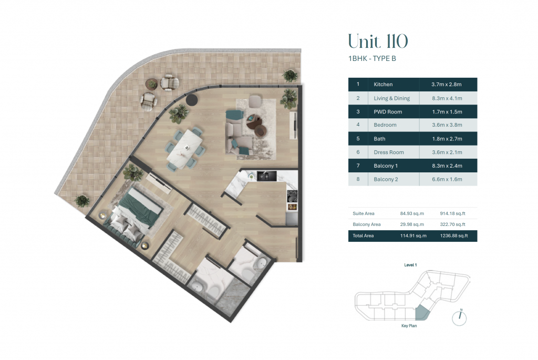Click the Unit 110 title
[x=378, y=42]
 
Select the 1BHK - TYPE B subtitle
[x=372, y=59]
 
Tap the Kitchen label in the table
[x=383, y=85]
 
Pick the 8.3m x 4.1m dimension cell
[x=447, y=98]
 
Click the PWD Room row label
[x=388, y=111]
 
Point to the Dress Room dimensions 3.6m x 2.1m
[x=447, y=152]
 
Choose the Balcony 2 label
[x=386, y=179]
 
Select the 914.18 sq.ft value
[x=452, y=213]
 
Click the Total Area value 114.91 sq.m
[x=413, y=236]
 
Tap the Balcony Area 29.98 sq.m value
[x=412, y=224]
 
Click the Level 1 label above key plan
[x=410, y=265]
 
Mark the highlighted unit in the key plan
[x=422, y=313]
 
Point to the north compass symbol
[x=459, y=317]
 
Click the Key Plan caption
[x=409, y=326]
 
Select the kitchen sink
[x=266, y=176]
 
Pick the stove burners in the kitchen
[x=292, y=196]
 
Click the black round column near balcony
[x=192, y=100]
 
